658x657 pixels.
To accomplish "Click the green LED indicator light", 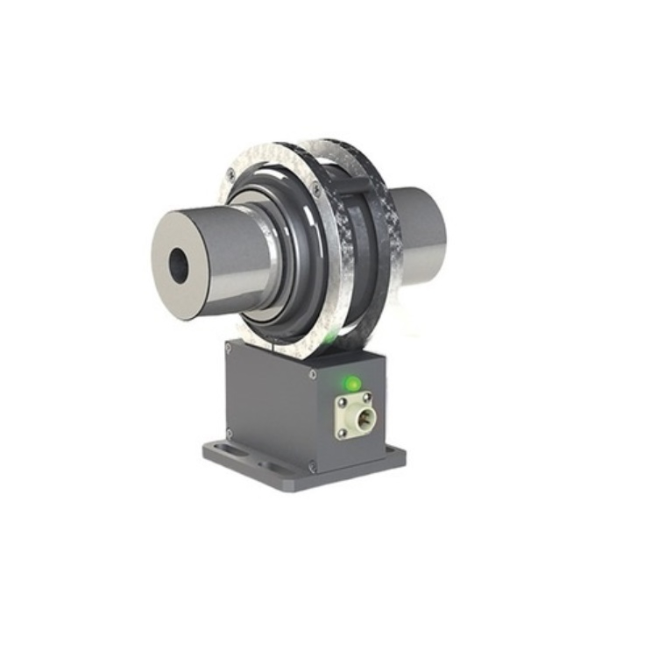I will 352,384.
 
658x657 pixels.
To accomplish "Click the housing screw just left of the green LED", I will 313,374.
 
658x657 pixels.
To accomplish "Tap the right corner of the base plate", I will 402,454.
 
